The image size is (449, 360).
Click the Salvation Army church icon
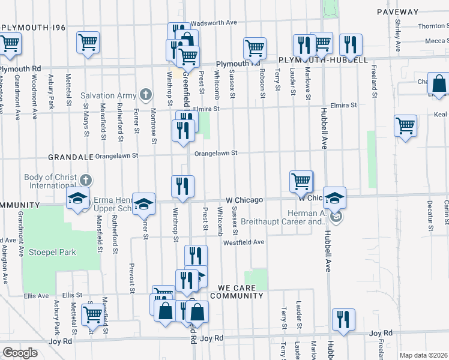point(145,95)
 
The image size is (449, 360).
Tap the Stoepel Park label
point(52,252)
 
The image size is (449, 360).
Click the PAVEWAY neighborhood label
point(397,12)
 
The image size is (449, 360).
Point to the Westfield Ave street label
point(244,242)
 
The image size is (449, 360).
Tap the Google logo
point(20,353)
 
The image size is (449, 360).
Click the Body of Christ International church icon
point(86,178)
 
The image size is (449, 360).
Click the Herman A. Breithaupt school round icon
point(336,217)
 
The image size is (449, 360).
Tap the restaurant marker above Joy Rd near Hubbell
point(343,319)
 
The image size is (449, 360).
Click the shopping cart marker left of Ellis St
point(92,314)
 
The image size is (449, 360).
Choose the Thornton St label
point(433,26)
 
